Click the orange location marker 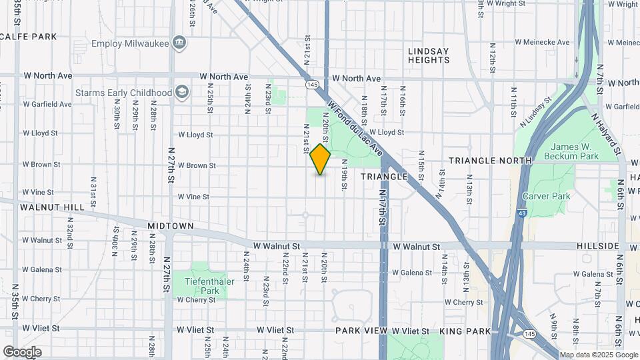point(321,159)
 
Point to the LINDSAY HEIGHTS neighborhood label point(429,55)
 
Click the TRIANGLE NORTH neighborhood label point(490,161)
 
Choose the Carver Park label point(546,196)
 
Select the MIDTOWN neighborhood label point(171,226)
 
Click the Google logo point(22,352)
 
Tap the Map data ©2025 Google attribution point(597,355)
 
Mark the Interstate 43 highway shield point(521,213)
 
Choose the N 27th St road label point(171,165)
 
